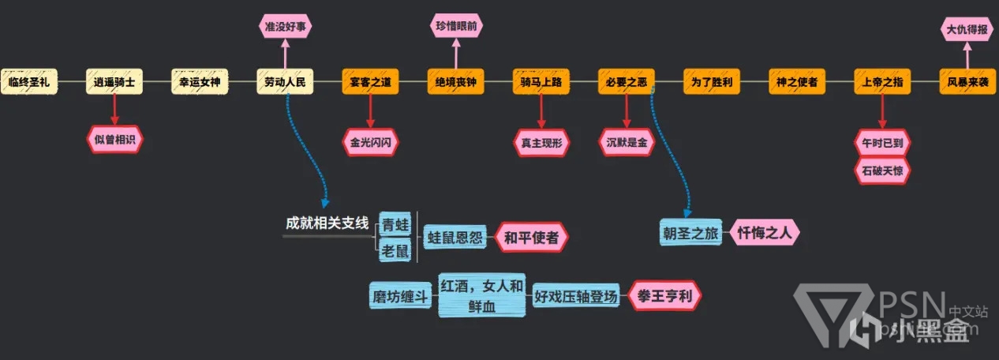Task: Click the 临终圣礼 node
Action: pos(29,81)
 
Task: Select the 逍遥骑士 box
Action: pos(114,81)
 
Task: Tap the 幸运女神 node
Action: pos(200,81)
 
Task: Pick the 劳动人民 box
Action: pos(285,81)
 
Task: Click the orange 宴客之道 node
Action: pos(370,81)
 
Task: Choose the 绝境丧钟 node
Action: pos(455,81)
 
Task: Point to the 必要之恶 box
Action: pos(626,81)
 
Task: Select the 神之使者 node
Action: pos(797,81)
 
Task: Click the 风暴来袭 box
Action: pos(967,81)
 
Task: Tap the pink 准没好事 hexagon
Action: pos(285,26)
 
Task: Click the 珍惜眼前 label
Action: pos(456,26)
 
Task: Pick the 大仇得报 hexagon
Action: pos(967,29)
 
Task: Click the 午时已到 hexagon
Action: pos(882,144)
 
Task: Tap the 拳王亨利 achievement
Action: pos(664,297)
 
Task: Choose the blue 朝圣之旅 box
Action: pos(691,232)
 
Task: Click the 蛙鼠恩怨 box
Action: pos(455,236)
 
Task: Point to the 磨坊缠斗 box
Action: pos(400,298)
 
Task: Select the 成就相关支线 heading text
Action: pos(327,223)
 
